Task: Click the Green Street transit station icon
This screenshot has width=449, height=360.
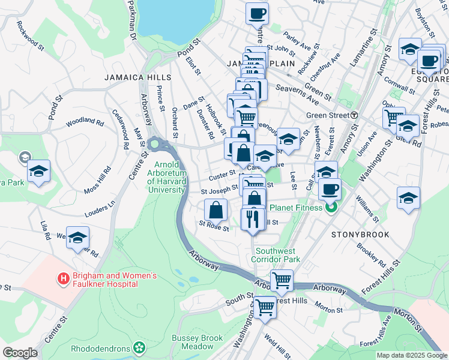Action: click(354, 115)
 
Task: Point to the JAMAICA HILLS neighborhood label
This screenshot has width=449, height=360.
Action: click(137, 77)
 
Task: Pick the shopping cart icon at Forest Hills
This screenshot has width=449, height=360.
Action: click(265, 307)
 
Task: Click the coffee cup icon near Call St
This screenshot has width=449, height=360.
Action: click(330, 190)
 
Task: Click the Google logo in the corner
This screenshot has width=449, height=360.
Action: click(20, 353)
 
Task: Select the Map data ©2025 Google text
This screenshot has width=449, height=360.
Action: click(411, 355)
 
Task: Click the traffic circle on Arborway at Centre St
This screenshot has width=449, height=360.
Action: click(155, 144)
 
